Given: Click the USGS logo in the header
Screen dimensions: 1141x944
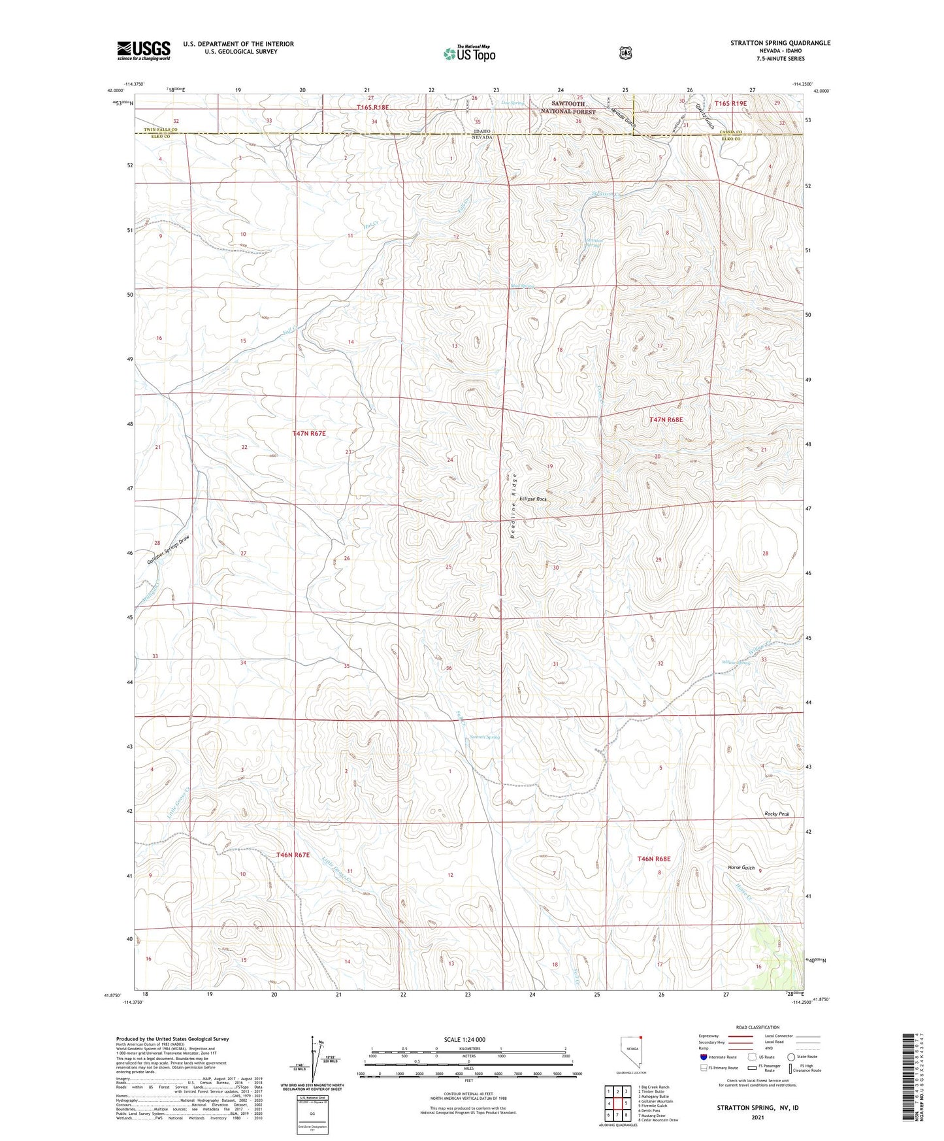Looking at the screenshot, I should coord(144,50).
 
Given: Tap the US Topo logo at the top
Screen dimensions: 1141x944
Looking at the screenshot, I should coord(468,54).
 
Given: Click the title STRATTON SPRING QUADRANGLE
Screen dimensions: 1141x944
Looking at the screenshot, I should coord(780,43).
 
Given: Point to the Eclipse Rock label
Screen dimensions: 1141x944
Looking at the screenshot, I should coord(533,499).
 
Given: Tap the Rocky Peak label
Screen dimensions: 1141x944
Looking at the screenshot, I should coord(777,814).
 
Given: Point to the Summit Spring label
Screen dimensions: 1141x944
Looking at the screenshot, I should coord(485,737).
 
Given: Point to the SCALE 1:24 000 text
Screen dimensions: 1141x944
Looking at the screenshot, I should coord(464,1039).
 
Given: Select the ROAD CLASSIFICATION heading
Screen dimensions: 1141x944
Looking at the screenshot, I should coord(757,1027).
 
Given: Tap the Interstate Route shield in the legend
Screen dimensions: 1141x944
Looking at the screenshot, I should coord(703,1057).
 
